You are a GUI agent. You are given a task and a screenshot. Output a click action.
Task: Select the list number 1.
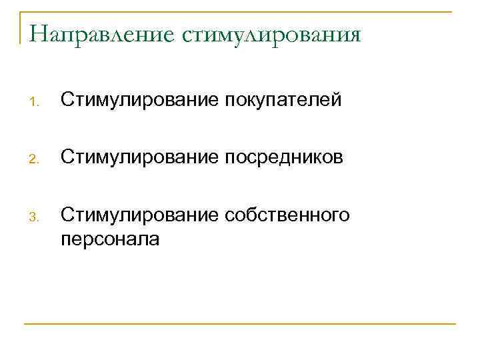(36, 102)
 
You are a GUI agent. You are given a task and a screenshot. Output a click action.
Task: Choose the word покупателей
(284, 101)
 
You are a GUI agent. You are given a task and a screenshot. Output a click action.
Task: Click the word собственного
(288, 215)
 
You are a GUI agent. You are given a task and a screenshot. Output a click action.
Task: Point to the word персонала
(110, 239)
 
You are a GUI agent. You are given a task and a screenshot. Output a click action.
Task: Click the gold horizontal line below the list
(240, 324)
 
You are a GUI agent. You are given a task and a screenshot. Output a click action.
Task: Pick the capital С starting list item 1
(66, 100)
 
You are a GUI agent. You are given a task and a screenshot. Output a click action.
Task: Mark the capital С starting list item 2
(66, 158)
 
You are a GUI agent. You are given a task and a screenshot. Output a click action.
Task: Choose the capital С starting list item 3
(66, 215)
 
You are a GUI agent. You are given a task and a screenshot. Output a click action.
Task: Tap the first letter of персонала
(65, 240)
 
